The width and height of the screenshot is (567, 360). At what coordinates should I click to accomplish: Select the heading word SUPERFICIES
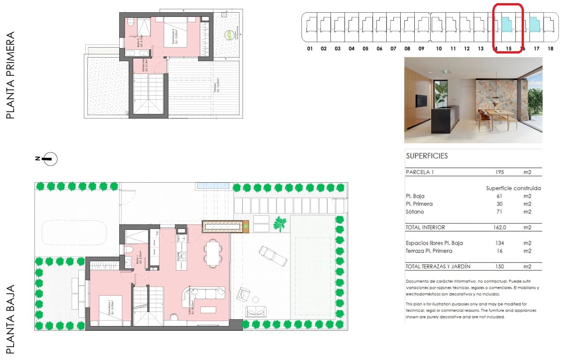click(x=426, y=156)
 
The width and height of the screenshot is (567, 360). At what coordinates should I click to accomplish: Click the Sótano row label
click(x=415, y=212)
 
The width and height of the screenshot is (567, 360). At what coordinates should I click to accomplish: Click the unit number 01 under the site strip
click(x=310, y=49)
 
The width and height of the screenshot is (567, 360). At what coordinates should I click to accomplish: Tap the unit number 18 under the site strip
click(x=550, y=49)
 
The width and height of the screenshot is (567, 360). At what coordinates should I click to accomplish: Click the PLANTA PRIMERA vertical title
click(x=11, y=75)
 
